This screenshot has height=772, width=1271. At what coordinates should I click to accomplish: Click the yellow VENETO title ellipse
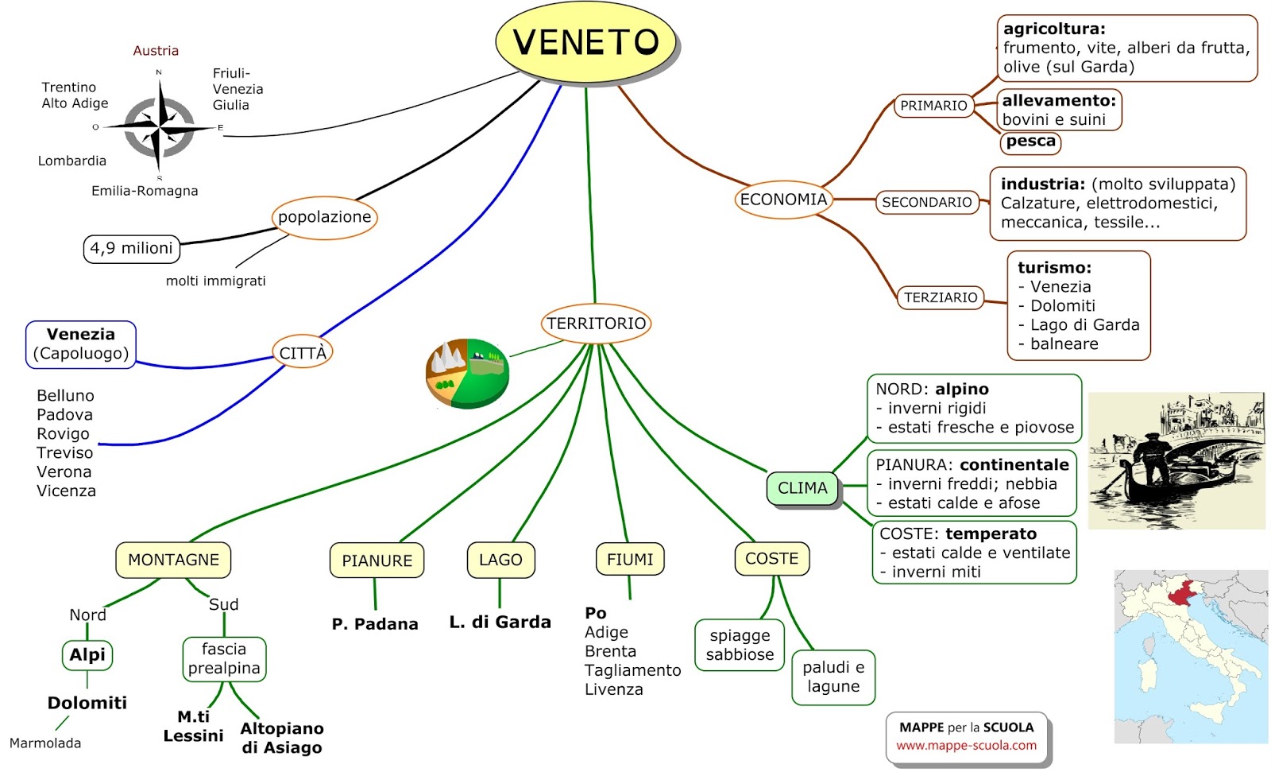pyautogui.click(x=585, y=42)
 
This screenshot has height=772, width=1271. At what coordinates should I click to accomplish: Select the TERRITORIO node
pyautogui.click(x=596, y=324)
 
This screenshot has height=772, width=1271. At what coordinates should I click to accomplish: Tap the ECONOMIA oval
pyautogui.click(x=783, y=200)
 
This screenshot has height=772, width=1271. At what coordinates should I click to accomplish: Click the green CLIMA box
pyautogui.click(x=802, y=488)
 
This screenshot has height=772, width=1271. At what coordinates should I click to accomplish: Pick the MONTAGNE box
pyautogui.click(x=173, y=560)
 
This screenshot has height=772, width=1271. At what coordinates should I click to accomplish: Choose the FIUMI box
pyautogui.click(x=629, y=560)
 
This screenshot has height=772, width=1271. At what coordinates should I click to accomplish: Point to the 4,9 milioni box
pyautogui.click(x=131, y=248)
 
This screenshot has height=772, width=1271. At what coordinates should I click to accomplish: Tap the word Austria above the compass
pyautogui.click(x=156, y=51)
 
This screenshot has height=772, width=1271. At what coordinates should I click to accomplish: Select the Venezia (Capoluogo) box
pyautogui.click(x=80, y=344)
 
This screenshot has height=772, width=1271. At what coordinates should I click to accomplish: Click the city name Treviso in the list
pyautogui.click(x=64, y=452)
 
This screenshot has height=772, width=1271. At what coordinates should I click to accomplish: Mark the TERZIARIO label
pyautogui.click(x=941, y=297)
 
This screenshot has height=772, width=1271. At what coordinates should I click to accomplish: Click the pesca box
pyautogui.click(x=1030, y=142)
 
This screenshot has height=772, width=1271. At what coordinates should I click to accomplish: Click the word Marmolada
pyautogui.click(x=45, y=743)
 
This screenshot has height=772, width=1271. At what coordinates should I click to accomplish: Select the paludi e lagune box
pyautogui.click(x=833, y=677)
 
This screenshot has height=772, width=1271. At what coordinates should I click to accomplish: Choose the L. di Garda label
pyautogui.click(x=500, y=623)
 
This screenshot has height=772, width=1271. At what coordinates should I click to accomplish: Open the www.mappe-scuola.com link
pyautogui.click(x=966, y=746)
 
